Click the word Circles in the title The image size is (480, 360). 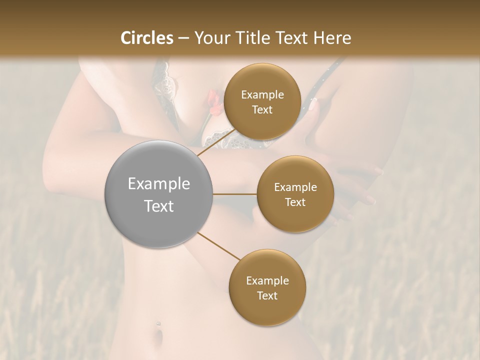coord(147,38)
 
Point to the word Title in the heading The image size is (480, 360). coord(255,38)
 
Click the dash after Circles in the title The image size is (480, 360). coord(183,38)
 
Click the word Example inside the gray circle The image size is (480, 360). coord(159,184)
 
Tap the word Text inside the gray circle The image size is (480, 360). coord(159,206)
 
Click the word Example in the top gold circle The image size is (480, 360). coord(262,95)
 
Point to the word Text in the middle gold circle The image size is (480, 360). coord(295,202)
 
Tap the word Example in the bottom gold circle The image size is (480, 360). coord(267,280)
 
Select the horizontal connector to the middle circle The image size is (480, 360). coord(235,194)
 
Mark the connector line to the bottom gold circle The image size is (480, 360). coord(219,246)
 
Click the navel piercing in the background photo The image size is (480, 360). coord(158,324)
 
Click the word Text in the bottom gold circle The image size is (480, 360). coord(267,295)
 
